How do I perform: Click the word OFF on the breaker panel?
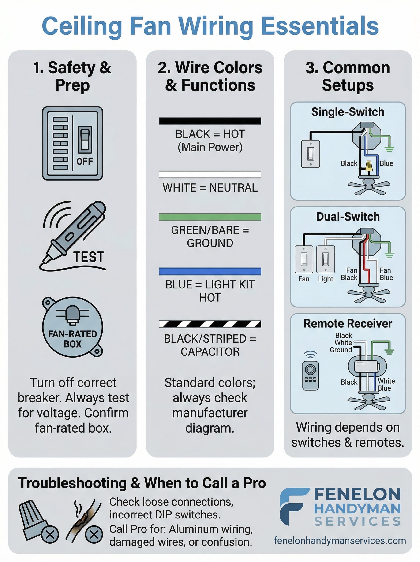pyautogui.click(x=85, y=161)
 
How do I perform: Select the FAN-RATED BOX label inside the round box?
pyautogui.click(x=72, y=339)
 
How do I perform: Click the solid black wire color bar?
pyautogui.click(x=210, y=121)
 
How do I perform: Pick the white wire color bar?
pyautogui.click(x=210, y=174)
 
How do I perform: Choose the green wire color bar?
pyautogui.click(x=210, y=217)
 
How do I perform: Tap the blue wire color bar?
pyautogui.click(x=210, y=271)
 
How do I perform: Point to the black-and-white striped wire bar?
pyautogui.click(x=210, y=324)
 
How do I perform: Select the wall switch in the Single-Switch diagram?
pyautogui.click(x=310, y=154)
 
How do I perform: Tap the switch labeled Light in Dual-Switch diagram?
pyautogui.click(x=325, y=259)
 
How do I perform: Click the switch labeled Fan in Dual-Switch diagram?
pyautogui.click(x=304, y=259)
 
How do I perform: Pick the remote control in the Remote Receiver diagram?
pyautogui.click(x=310, y=375)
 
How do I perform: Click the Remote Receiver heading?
pyautogui.click(x=348, y=324)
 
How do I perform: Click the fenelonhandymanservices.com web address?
pyautogui.click(x=340, y=540)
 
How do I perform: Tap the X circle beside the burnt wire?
pyautogui.click(x=94, y=535)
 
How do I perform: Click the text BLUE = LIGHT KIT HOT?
pyautogui.click(x=210, y=291)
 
